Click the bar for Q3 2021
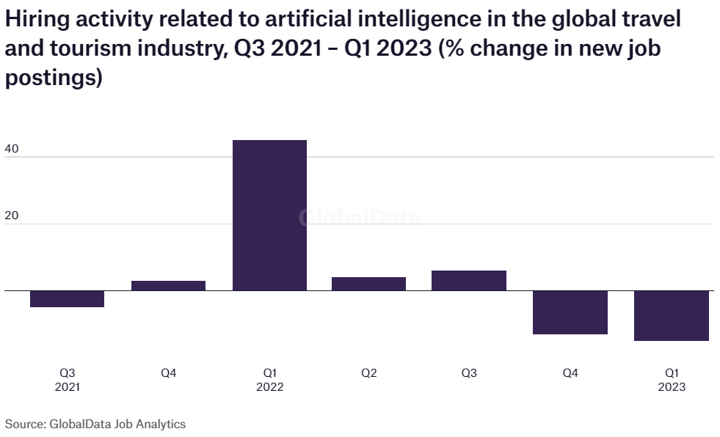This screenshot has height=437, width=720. point(67,298)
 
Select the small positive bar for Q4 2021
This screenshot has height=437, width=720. point(168,285)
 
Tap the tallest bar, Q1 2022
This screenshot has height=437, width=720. point(269,215)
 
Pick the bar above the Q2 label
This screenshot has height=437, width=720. point(368,284)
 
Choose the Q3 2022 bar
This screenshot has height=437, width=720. point(469,280)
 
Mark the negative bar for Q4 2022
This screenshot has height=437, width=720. point(570,312)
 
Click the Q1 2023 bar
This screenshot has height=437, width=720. point(672,315)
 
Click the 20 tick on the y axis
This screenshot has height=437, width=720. point(12,216)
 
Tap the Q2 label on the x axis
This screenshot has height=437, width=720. point(368,373)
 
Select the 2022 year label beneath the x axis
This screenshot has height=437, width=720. point(269,387)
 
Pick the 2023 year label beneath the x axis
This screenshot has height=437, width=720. point(672,387)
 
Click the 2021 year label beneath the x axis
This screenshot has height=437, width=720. point(67,387)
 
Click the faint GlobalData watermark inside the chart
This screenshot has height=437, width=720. point(360,218)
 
